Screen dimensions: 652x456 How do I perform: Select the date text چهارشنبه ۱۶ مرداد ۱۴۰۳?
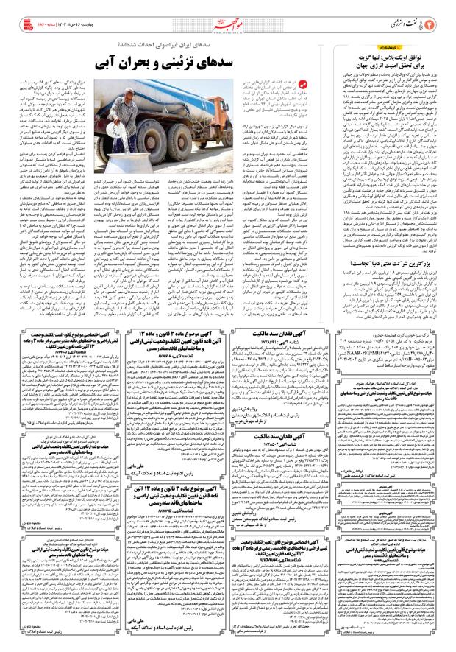[x=63, y=14]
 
